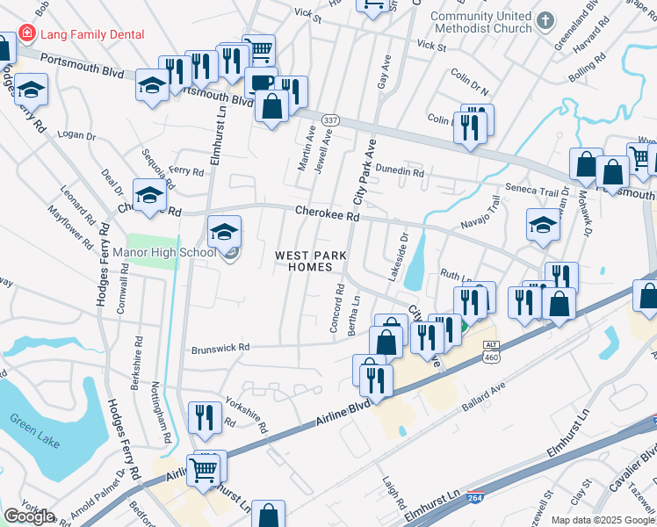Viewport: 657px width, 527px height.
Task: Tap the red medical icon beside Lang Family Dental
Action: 26,34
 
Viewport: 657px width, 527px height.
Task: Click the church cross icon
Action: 545,19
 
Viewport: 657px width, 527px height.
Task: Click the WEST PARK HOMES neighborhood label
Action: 309,261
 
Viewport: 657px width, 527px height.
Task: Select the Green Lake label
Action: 35,437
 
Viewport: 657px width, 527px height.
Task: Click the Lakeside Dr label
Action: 404,249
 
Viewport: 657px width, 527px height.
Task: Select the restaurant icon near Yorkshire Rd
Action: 205,417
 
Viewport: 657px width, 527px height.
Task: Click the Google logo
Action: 29,516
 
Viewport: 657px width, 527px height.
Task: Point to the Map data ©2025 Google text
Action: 602,520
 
